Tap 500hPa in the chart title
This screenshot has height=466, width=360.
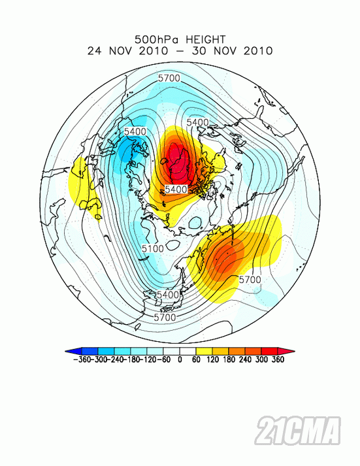(155, 39)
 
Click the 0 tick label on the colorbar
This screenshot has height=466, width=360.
(180, 359)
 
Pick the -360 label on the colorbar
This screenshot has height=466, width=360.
(78, 359)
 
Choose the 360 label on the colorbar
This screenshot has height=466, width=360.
(278, 359)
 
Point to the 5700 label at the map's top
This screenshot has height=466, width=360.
(169, 78)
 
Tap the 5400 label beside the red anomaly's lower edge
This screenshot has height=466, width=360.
(176, 189)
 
